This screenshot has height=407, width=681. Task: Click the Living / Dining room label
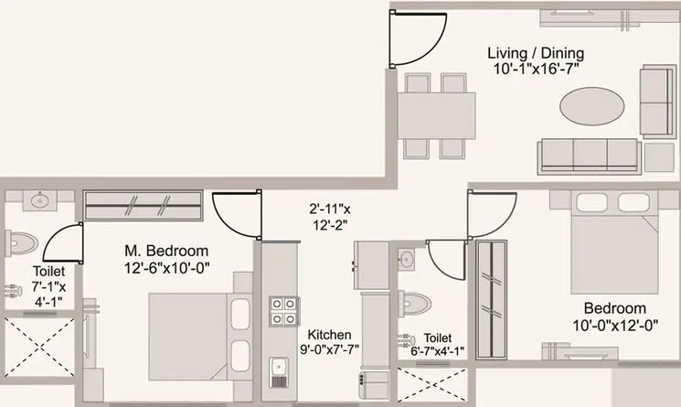pyautogui.click(x=535, y=53)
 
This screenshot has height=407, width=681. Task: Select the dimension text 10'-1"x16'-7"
pyautogui.click(x=535, y=70)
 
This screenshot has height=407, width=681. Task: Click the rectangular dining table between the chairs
pyautogui.click(x=436, y=114)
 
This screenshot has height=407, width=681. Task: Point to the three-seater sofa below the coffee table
pyautogui.click(x=589, y=155)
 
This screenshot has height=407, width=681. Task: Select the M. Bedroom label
pyautogui.click(x=167, y=251)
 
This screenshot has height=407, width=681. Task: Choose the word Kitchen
pyautogui.click(x=330, y=334)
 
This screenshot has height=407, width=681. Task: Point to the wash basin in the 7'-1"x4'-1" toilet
pyautogui.click(x=39, y=201)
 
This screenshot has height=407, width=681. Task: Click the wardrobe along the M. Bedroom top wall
pyautogui.click(x=141, y=205)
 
